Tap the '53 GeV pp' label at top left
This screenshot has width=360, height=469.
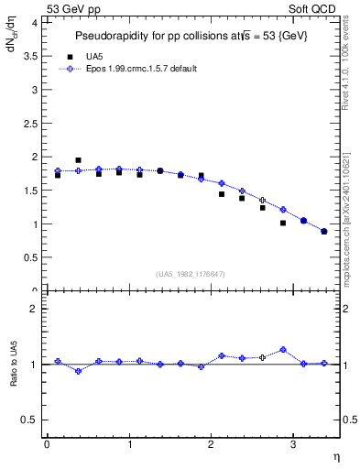tap(72, 7)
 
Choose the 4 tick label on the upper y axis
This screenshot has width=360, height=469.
tap(34, 23)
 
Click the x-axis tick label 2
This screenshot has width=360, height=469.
tap(211, 444)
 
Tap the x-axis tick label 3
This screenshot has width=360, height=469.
tap(293, 444)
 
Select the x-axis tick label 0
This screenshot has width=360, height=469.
tap(47, 444)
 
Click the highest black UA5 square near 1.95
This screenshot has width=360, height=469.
tap(78, 160)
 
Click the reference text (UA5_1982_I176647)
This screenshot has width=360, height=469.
tap(193, 273)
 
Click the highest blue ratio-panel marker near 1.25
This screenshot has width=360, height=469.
tap(283, 349)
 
